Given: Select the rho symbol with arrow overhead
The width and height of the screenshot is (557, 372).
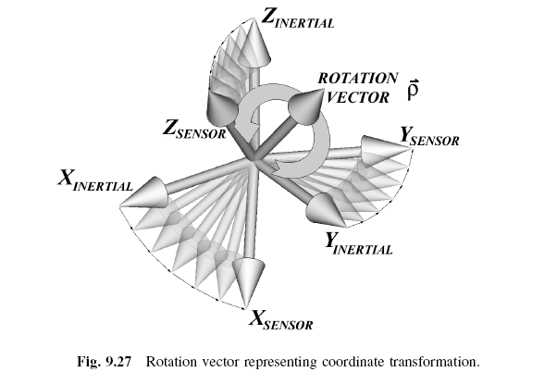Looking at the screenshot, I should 414,89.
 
